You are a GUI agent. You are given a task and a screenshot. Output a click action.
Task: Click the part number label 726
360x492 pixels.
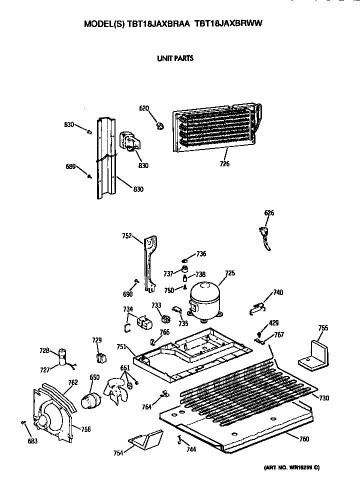pos(224,163)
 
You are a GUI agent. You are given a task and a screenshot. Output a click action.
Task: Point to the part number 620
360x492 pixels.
pos(144,108)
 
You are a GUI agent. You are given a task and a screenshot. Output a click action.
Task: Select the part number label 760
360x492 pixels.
pos(304,439)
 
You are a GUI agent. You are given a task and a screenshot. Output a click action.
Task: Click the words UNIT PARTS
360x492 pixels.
pos(175,58)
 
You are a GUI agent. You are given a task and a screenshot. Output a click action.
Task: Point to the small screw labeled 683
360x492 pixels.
pos(23,422)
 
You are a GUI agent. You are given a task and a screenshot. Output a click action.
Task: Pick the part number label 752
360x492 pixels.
pos(127,236)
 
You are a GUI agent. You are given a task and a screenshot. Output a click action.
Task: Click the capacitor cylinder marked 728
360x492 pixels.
pos(63,357)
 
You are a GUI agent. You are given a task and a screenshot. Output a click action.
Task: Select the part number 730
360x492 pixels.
pos(324,398)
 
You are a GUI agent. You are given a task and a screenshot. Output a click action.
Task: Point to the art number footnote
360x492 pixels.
pos(291,467)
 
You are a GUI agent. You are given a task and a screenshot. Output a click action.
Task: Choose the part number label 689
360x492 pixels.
pos(70,166)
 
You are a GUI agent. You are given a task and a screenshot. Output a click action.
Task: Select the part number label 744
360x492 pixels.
pos(191,449)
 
